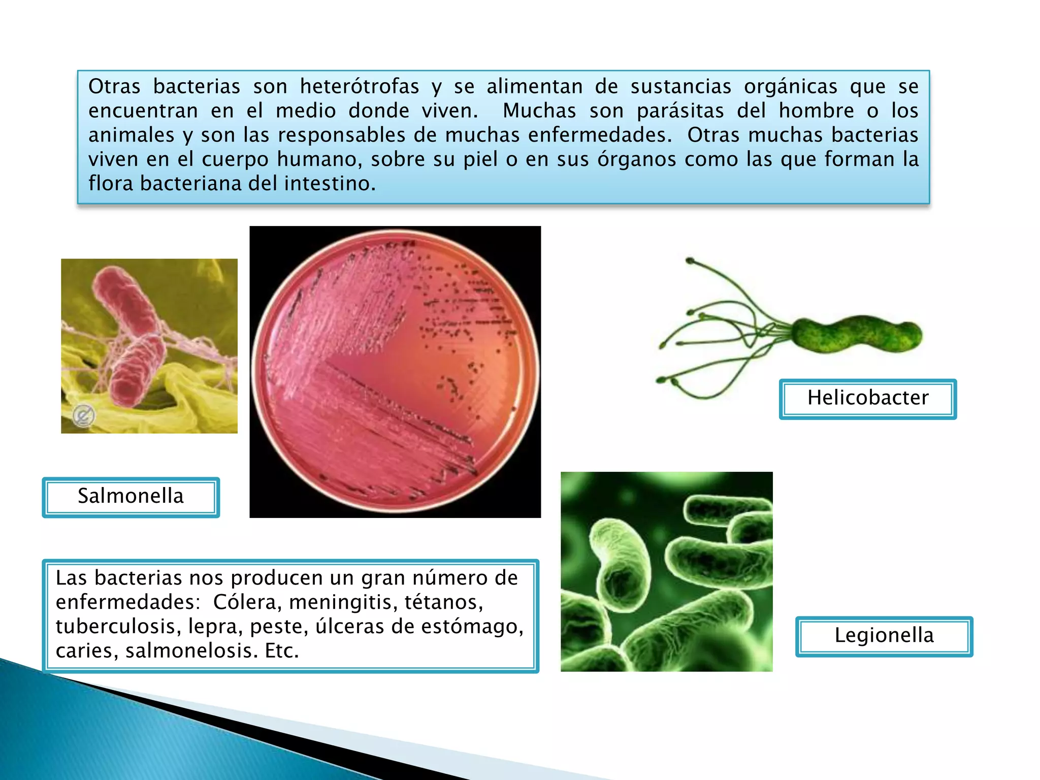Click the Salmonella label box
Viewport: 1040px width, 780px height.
pos(131,497)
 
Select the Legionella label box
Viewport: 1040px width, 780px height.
pos(884,636)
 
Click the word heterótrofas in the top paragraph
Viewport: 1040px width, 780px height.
pos(360,87)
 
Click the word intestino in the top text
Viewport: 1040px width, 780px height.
pos(330,184)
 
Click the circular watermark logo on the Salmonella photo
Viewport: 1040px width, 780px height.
pos(83,416)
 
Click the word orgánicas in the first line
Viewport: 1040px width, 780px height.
pos(790,87)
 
